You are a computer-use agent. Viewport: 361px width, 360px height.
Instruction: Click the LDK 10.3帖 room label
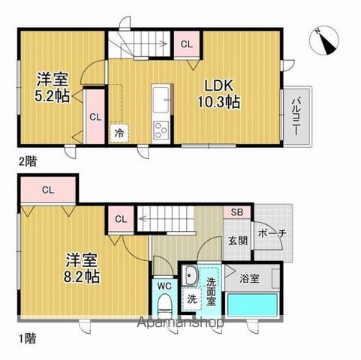219,91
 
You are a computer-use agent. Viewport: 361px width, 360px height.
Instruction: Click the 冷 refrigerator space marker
119,132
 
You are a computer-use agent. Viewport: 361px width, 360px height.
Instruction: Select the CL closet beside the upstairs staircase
186,43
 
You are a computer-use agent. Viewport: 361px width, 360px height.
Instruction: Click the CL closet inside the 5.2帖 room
95,116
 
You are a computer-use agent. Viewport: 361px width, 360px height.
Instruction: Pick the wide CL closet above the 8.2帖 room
47,189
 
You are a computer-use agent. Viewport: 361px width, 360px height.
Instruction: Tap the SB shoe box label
237,211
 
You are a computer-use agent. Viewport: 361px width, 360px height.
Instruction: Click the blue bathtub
253,307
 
